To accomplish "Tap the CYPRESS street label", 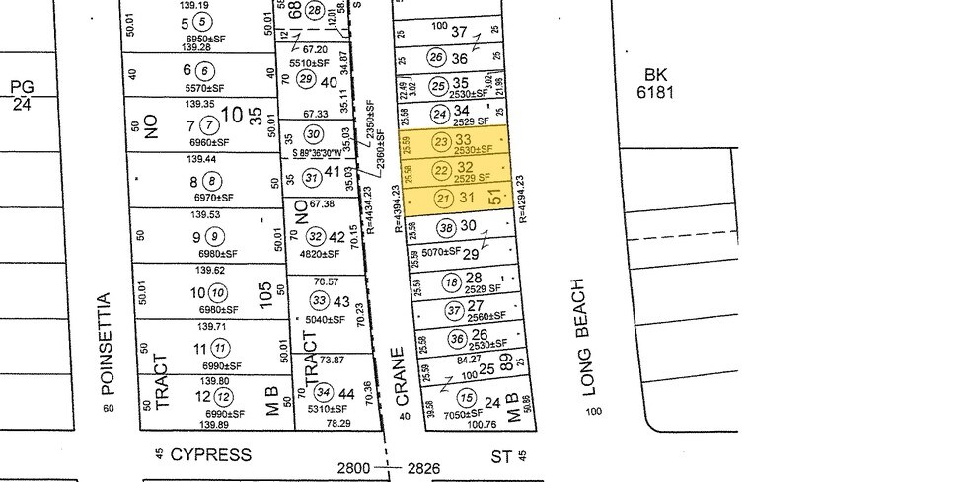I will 211,455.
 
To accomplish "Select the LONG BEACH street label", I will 592,337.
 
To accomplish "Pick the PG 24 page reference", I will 22,94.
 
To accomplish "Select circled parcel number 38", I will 447,228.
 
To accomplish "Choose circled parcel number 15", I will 465,398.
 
